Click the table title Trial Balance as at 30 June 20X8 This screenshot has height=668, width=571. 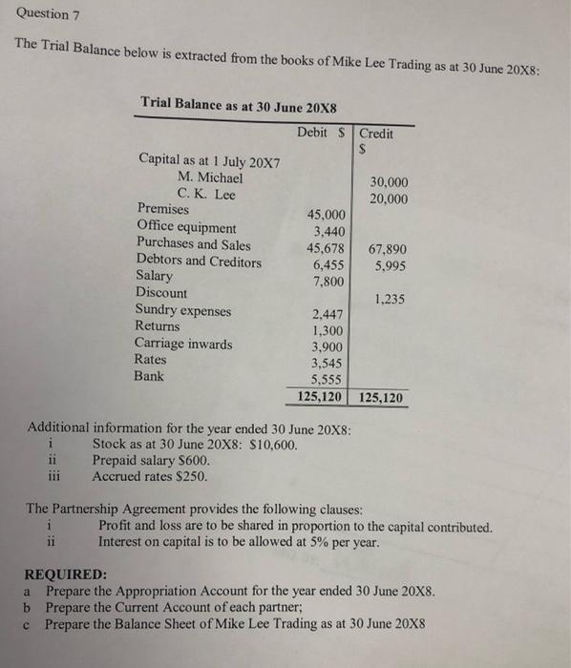coord(238,102)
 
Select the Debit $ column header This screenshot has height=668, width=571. coord(323,132)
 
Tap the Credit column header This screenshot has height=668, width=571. coord(376,134)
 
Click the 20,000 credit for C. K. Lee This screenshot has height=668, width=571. coord(389,198)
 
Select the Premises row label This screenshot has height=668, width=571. coord(163,209)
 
